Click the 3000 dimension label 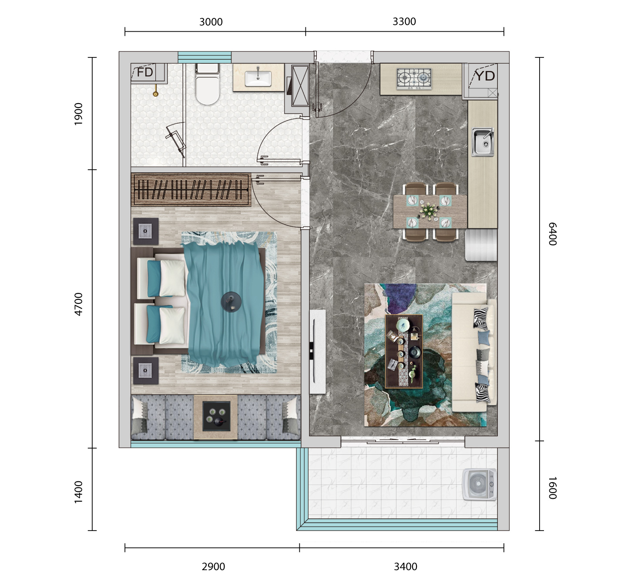pyautogui.click(x=211, y=22)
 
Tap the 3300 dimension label pyautogui.click(x=404, y=22)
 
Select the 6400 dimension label pyautogui.click(x=553, y=234)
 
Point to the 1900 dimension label pyautogui.click(x=78, y=114)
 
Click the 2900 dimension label pyautogui.click(x=213, y=566)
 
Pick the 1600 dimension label pyautogui.click(x=553, y=488)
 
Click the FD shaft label pyautogui.click(x=145, y=73)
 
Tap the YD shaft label pyautogui.click(x=485, y=76)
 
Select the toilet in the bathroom pyautogui.click(x=207, y=84)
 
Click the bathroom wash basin pyautogui.click(x=258, y=78)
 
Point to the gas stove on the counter pyautogui.click(x=414, y=78)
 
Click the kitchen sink pyautogui.click(x=483, y=142)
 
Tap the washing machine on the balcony pyautogui.click(x=480, y=484)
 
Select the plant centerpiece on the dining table pyautogui.click(x=429, y=211)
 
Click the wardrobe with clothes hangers pyautogui.click(x=191, y=190)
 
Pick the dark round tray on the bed pyautogui.click(x=231, y=302)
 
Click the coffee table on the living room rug pyautogui.click(x=404, y=351)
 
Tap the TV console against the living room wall pyautogui.click(x=318, y=352)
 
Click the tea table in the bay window pyautogui.click(x=216, y=417)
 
